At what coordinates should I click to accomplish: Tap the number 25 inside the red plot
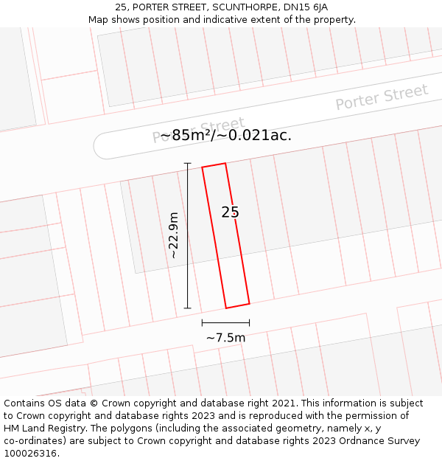click(x=230, y=212)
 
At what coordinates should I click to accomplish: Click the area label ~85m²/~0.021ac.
click(x=226, y=135)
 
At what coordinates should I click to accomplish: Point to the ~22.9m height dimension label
click(x=173, y=235)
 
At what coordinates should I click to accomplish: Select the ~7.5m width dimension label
click(x=225, y=338)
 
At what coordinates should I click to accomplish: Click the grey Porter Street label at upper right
click(x=381, y=97)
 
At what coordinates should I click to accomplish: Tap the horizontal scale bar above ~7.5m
click(x=225, y=322)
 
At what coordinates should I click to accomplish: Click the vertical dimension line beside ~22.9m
click(x=187, y=235)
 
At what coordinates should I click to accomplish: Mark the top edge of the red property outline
click(x=214, y=165)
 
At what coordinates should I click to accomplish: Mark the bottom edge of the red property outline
click(x=237, y=305)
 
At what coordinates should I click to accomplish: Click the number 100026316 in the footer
click(x=31, y=454)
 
